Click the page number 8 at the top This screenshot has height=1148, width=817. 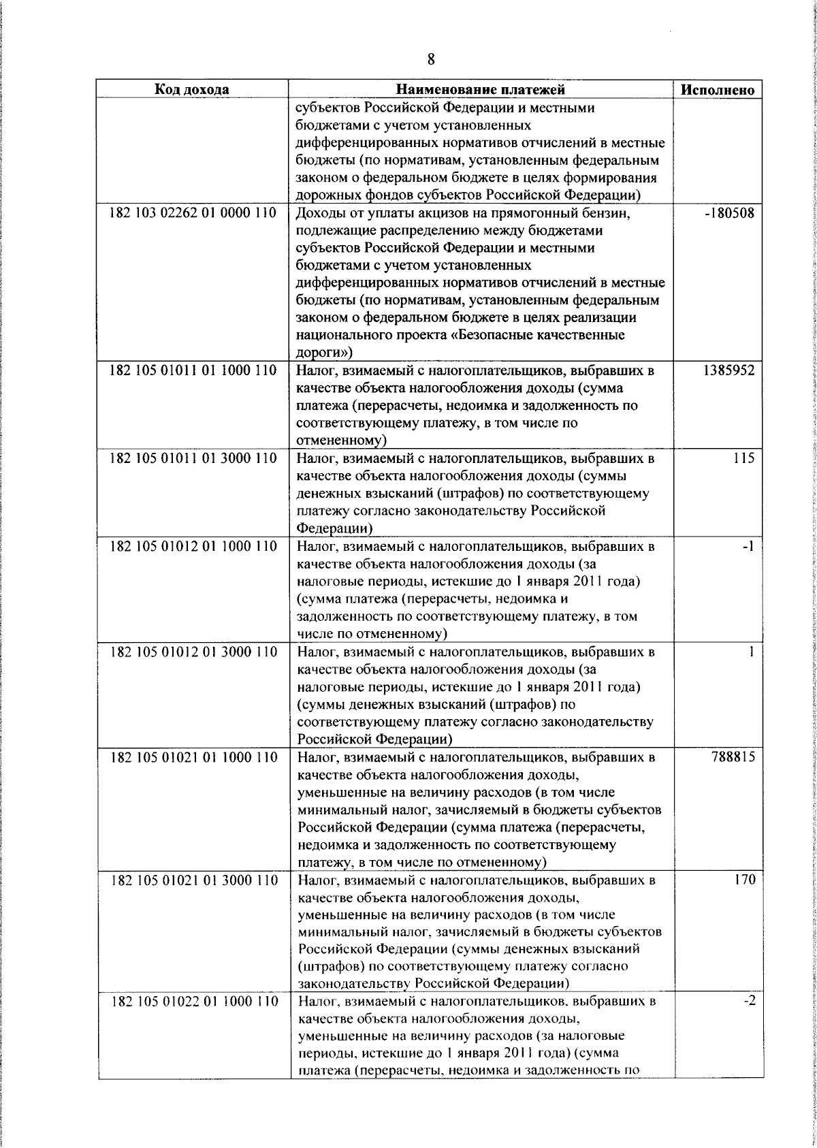(x=430, y=59)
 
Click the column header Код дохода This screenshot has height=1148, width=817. (x=192, y=90)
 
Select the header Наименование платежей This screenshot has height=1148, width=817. (x=481, y=90)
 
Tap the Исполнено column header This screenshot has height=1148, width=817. (x=718, y=90)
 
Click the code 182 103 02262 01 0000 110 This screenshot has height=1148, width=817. (x=193, y=213)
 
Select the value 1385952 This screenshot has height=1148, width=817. (x=728, y=371)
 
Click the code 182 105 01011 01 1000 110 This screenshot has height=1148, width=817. (x=193, y=371)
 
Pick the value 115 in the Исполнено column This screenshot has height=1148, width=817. (x=743, y=458)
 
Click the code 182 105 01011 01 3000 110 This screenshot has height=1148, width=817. (x=193, y=458)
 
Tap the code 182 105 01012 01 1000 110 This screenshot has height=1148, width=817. (x=193, y=547)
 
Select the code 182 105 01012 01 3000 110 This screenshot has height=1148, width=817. (x=193, y=652)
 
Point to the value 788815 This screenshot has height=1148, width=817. (x=731, y=757)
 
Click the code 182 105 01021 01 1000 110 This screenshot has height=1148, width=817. (x=193, y=757)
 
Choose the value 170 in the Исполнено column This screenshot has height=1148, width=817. (x=743, y=880)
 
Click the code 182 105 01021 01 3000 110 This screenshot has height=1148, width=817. (x=193, y=880)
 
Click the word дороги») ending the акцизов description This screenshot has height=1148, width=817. (x=324, y=353)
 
